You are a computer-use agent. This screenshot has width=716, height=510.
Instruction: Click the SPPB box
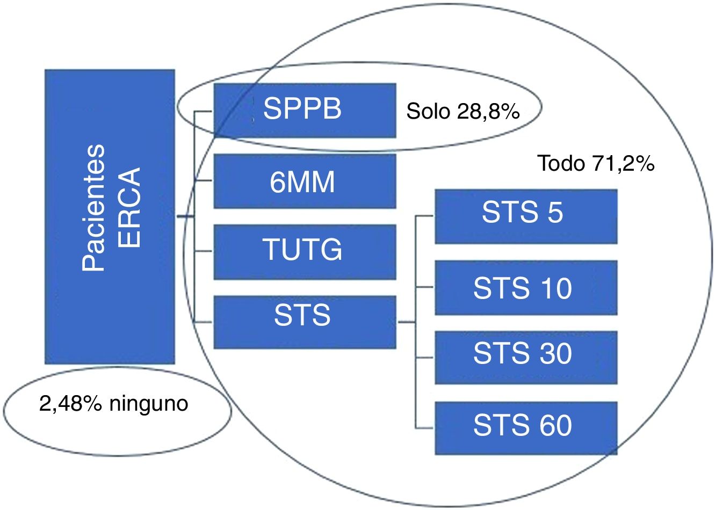305,110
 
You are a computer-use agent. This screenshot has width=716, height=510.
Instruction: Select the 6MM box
305,181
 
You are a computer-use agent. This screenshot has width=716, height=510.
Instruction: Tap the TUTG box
305,251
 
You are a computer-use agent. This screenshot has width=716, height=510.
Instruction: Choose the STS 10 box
525,287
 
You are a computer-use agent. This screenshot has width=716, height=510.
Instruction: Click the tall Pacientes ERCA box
110,216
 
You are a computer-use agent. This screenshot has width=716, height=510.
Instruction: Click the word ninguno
149,403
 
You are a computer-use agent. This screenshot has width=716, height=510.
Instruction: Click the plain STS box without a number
305,322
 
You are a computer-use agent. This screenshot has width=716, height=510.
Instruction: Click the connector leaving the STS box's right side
407,323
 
